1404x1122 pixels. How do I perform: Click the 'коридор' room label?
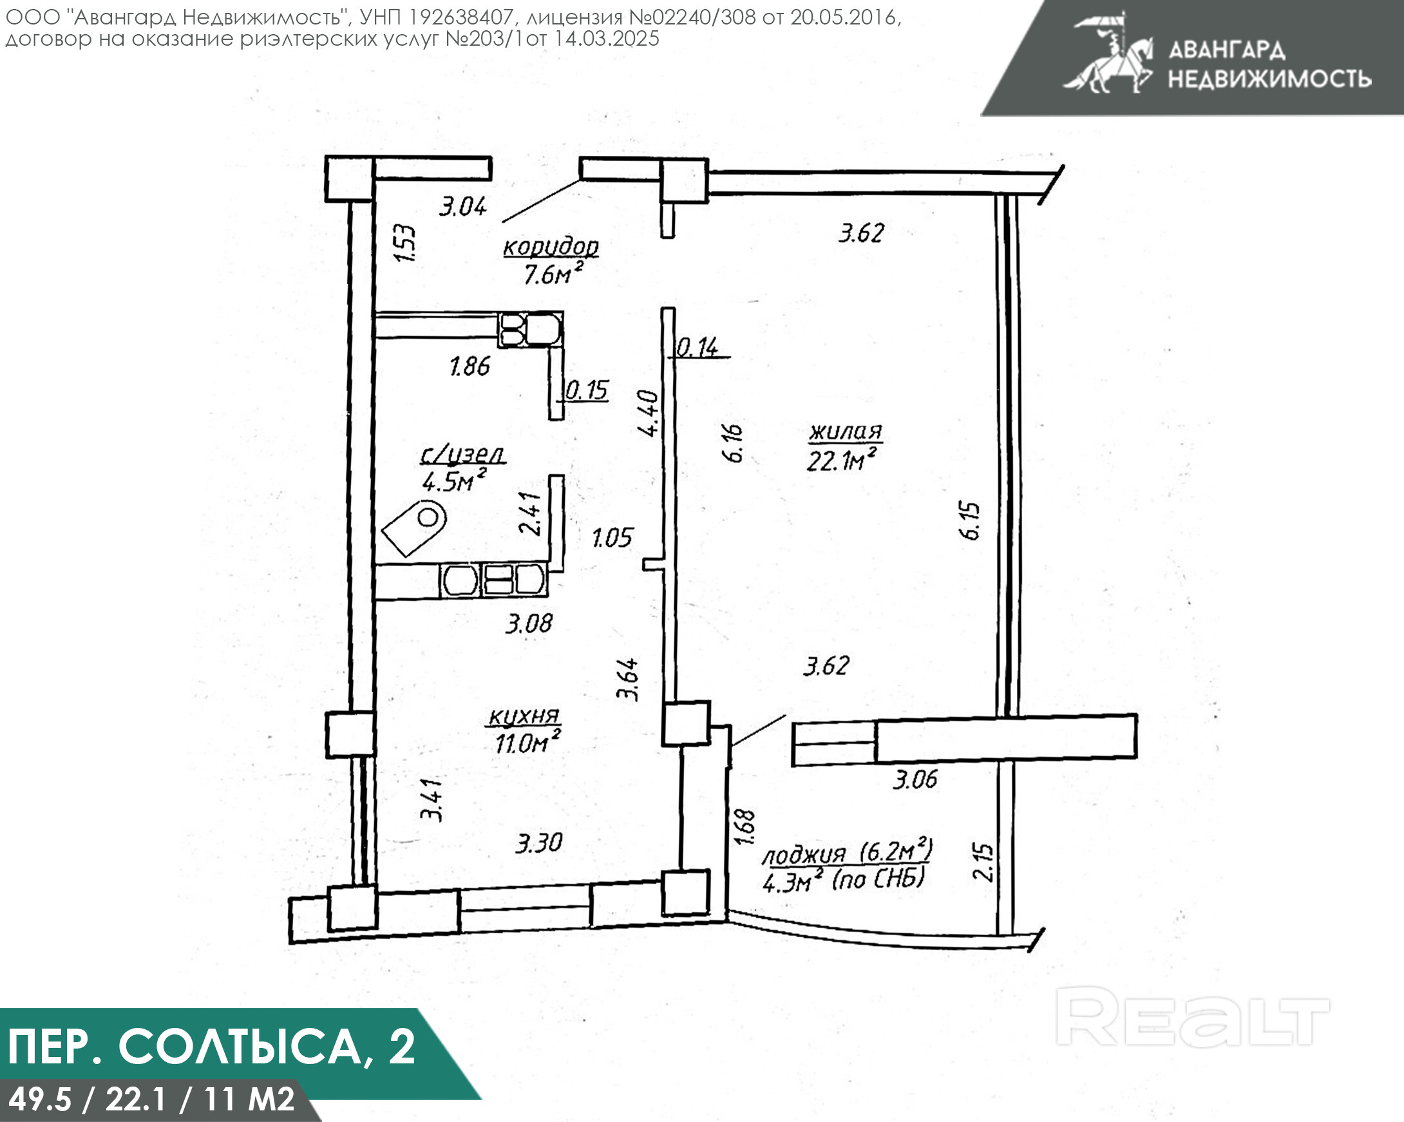551,247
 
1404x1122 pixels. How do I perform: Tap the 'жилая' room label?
845,432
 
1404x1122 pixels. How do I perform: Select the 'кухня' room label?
524,716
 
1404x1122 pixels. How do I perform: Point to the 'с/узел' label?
463,454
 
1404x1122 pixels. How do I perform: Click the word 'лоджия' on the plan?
804,855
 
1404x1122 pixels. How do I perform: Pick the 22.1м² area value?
840,460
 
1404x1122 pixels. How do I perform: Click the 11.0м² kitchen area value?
528,741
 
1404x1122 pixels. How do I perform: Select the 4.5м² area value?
454,480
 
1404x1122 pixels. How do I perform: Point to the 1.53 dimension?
406,243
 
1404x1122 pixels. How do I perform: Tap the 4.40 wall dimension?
649,413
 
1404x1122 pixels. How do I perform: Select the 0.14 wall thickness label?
697,347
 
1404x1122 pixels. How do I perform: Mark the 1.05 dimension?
612,538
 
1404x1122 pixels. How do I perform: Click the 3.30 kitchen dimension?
538,843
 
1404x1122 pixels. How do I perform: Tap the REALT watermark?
1191,1016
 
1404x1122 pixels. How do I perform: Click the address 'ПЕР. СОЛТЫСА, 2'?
212,1047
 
